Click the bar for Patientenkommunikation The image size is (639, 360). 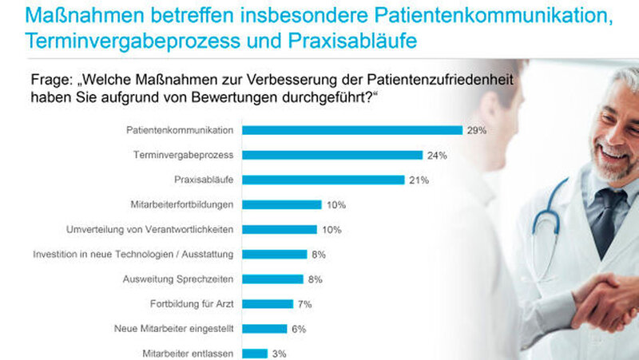352,130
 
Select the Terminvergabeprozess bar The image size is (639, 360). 332,155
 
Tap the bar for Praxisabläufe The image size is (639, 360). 323,180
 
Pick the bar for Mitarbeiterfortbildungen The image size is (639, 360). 281,204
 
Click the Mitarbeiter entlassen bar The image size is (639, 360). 255,353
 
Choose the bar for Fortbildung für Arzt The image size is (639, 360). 268,303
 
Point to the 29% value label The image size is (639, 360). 477,130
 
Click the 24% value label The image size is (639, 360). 437,155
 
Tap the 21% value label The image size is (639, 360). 419,180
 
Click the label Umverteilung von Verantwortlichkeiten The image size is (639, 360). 149,229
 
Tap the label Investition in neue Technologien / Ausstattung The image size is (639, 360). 133,254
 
